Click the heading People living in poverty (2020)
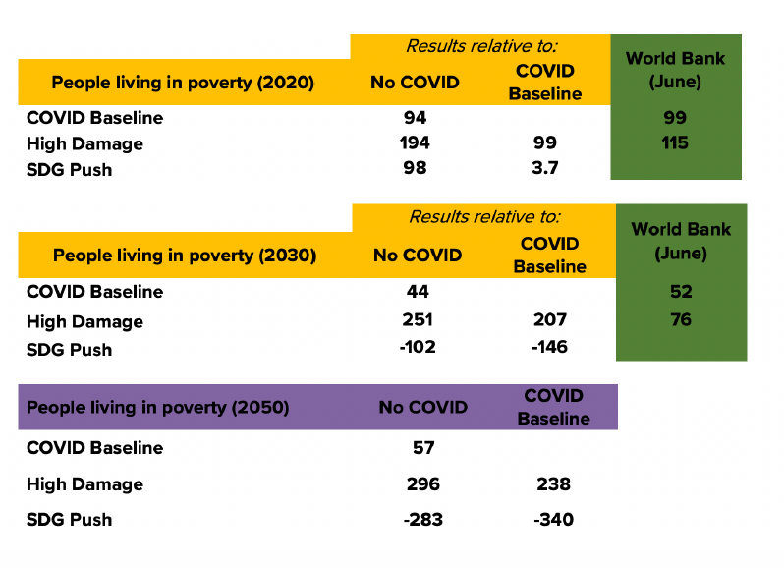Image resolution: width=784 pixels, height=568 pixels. pos(183,84)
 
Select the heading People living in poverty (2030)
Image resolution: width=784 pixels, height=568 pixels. pos(185,256)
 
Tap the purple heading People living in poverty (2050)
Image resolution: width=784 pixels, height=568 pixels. pos(157,408)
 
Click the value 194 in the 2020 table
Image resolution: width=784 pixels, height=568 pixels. pos(415,143)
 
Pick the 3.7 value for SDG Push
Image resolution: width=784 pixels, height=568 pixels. pos(545,169)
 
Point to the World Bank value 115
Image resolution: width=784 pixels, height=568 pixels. pos(675,143)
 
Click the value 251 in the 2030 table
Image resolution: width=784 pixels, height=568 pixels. pos(418,320)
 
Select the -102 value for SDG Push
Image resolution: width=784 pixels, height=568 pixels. pos(418,347)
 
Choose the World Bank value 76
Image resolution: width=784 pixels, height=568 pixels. pos(680,320)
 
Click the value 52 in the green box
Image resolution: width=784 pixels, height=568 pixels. pos(680,292)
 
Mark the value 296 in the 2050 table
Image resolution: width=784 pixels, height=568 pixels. pos(422,483)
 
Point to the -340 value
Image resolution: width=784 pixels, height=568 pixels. pos(553,519)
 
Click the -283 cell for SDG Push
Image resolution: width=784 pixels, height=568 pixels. pos(423,519)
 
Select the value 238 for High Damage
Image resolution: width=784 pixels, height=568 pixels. pos(554,483)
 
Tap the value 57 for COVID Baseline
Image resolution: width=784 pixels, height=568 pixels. pos(423,448)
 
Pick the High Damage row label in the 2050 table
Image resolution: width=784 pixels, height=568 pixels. pos(84,483)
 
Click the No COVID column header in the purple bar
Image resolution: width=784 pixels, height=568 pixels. pos(423,408)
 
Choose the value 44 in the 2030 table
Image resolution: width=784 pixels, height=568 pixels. pos(418,292)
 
